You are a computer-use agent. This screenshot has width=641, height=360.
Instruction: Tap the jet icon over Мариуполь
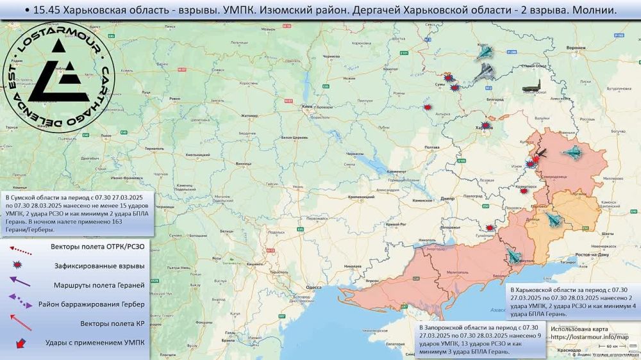513,257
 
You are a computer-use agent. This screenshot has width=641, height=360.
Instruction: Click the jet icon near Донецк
553,220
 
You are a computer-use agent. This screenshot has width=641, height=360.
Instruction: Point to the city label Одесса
313,288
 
